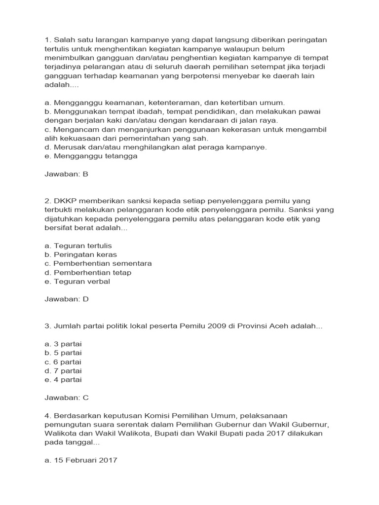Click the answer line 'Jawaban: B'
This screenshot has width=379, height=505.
click(x=66, y=174)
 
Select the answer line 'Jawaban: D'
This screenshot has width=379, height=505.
click(x=66, y=299)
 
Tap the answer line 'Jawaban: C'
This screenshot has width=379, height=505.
click(x=66, y=397)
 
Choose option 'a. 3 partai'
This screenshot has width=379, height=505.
click(x=63, y=344)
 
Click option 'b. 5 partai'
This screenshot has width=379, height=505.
click(x=63, y=353)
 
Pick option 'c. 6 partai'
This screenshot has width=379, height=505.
click(x=63, y=361)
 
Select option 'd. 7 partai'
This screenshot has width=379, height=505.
click(x=63, y=370)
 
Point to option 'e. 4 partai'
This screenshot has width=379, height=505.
click(x=63, y=380)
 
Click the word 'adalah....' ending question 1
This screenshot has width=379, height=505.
click(x=58, y=85)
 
